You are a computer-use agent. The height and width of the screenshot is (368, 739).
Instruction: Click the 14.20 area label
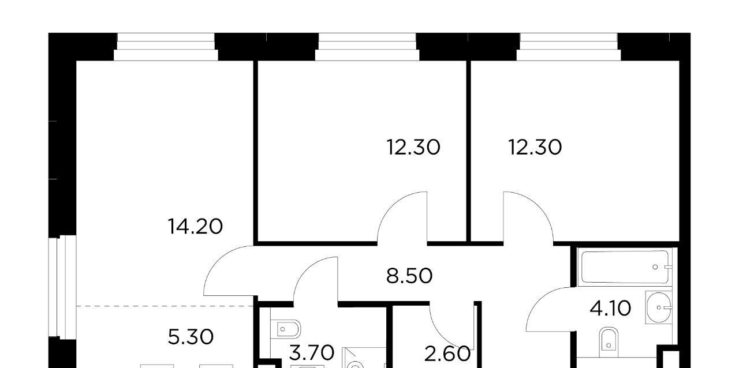[x=195, y=227]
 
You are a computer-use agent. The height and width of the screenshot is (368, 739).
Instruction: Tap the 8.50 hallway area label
[x=409, y=276]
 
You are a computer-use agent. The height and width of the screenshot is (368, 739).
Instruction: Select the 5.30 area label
[x=191, y=337]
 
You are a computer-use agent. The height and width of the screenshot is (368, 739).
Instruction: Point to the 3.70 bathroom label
[x=312, y=352]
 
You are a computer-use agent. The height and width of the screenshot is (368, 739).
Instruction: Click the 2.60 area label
[x=447, y=354]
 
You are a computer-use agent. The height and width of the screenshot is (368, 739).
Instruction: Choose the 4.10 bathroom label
[x=610, y=309]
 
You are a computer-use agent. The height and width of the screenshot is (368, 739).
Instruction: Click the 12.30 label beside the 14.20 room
[x=413, y=147]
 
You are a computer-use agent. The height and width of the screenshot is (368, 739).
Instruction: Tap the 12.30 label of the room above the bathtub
[x=535, y=147]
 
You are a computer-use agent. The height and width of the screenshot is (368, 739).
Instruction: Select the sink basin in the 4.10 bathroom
[x=659, y=307]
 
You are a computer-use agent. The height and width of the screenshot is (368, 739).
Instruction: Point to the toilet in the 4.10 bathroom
[x=609, y=339]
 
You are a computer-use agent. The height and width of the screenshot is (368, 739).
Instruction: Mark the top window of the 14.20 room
[x=166, y=47]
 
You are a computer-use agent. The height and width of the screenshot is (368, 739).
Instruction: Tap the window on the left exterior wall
[x=62, y=288]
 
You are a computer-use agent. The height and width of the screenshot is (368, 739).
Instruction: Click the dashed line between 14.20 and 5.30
[x=165, y=306]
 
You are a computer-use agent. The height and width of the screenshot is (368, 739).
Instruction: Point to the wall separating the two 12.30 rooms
[x=468, y=151]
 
